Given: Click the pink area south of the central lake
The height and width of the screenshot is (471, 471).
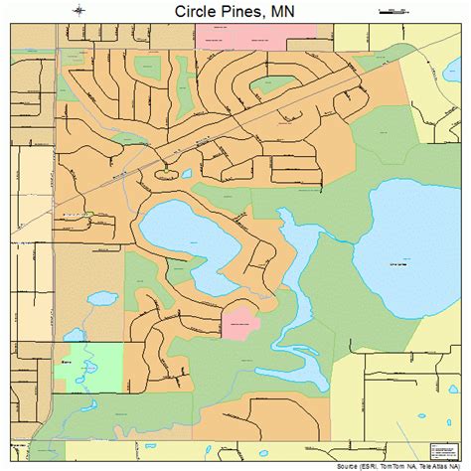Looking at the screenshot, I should pos(239,322).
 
